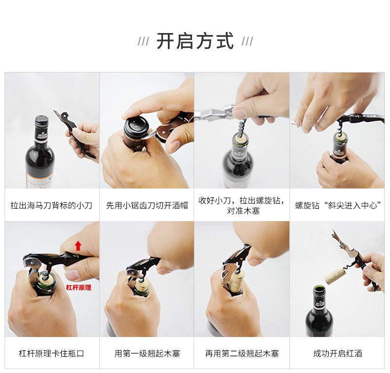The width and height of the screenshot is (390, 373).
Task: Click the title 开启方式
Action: pos(195,41)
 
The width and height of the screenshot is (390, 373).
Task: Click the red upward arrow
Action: pos(78,246)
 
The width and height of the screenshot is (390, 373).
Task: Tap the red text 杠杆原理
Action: pos(78,288)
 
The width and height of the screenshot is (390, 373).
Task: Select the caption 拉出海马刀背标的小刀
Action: pos(51,206)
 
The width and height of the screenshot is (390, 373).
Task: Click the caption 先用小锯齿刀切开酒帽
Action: pos(147,206)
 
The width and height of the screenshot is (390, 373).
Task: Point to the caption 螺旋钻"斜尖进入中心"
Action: pos(338,206)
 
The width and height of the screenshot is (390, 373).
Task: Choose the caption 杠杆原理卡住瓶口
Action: pos(51,353)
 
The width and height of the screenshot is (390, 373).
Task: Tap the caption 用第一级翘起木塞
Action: pos(147,353)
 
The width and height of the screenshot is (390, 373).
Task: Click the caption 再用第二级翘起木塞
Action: pos(242,353)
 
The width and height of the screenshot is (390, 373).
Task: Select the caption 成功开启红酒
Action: pos(338,353)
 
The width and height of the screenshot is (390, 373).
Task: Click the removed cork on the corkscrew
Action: pos(334,275)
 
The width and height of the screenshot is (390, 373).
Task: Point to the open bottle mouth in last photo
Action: pos(319,289)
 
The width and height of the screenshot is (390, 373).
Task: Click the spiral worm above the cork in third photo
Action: pos(242,127)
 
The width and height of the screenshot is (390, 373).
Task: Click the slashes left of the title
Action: pos(144,41)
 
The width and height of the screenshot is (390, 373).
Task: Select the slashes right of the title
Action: pos(247,41)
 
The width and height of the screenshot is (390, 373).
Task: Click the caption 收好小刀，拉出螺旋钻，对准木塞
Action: pos(241,206)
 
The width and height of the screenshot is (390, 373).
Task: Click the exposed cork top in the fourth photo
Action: pos(341,137)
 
